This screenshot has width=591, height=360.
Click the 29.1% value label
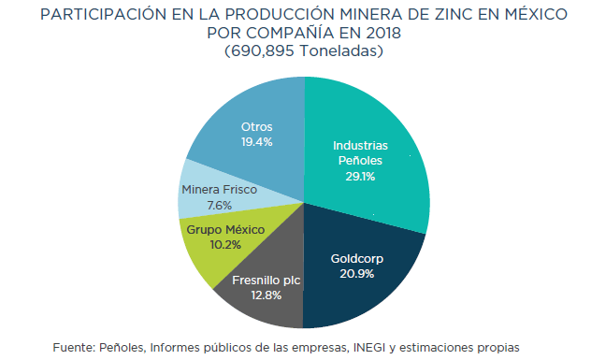(360, 177)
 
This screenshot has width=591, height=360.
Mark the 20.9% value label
(356, 274)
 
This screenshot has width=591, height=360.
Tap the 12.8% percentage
(267, 295)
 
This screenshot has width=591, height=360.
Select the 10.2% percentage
(225, 245)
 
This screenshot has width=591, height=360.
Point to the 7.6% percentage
(220, 206)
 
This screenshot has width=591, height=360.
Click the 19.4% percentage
(256, 142)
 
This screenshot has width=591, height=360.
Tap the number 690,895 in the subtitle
(263, 50)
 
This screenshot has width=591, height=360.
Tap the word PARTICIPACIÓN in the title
(104, 15)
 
